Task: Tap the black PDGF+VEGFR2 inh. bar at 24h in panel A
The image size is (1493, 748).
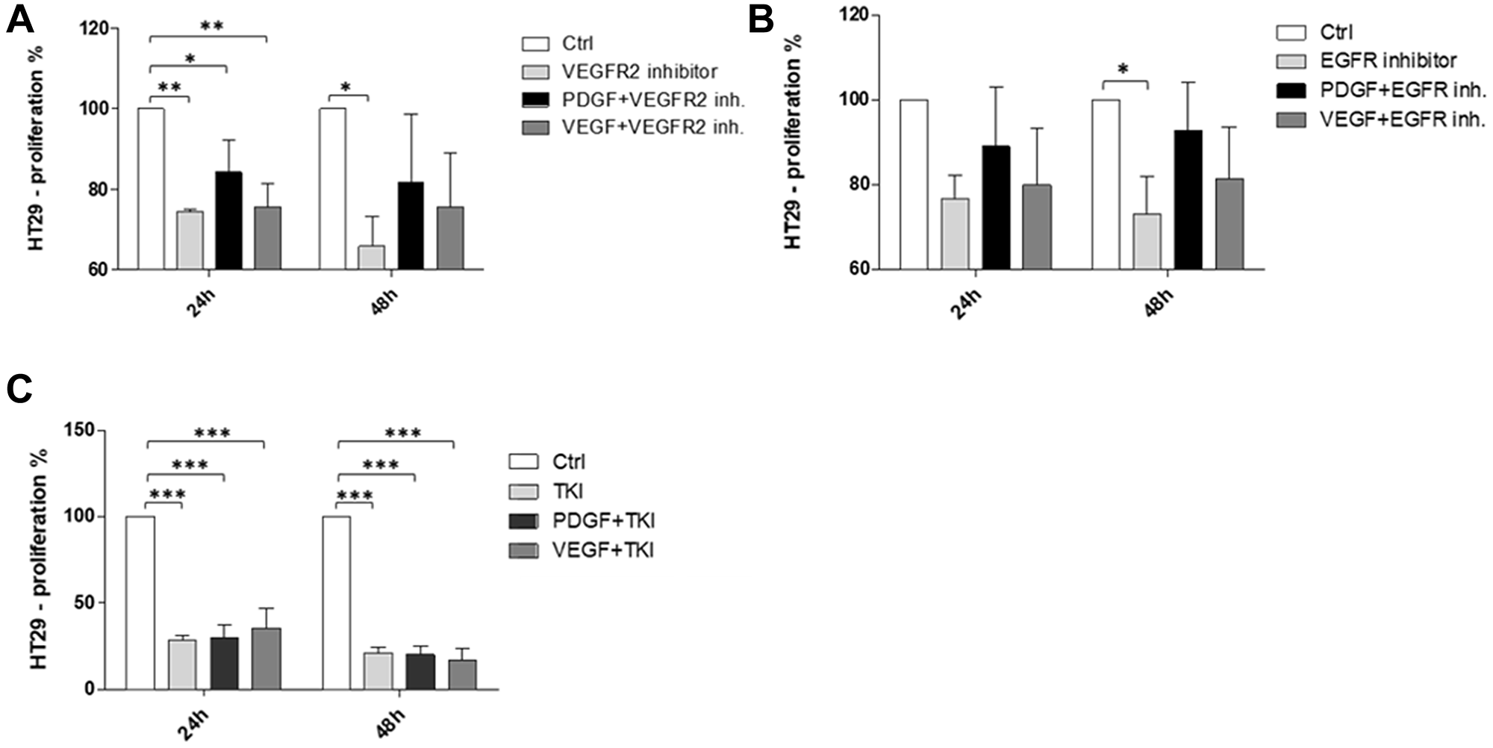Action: (x=228, y=221)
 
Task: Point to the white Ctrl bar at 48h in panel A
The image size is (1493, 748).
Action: (x=332, y=188)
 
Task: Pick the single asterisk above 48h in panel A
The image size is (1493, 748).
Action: (x=346, y=87)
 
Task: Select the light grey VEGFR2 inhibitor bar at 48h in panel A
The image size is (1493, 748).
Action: (x=372, y=258)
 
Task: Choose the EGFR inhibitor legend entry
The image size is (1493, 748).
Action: (x=1387, y=60)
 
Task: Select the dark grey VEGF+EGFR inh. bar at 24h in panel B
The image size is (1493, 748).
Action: (x=1037, y=227)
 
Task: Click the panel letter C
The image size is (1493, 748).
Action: (x=19, y=390)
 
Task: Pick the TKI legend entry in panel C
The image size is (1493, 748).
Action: (x=567, y=490)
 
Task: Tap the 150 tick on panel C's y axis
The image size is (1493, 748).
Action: (x=84, y=431)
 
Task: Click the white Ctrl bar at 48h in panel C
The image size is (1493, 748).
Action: (x=337, y=602)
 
